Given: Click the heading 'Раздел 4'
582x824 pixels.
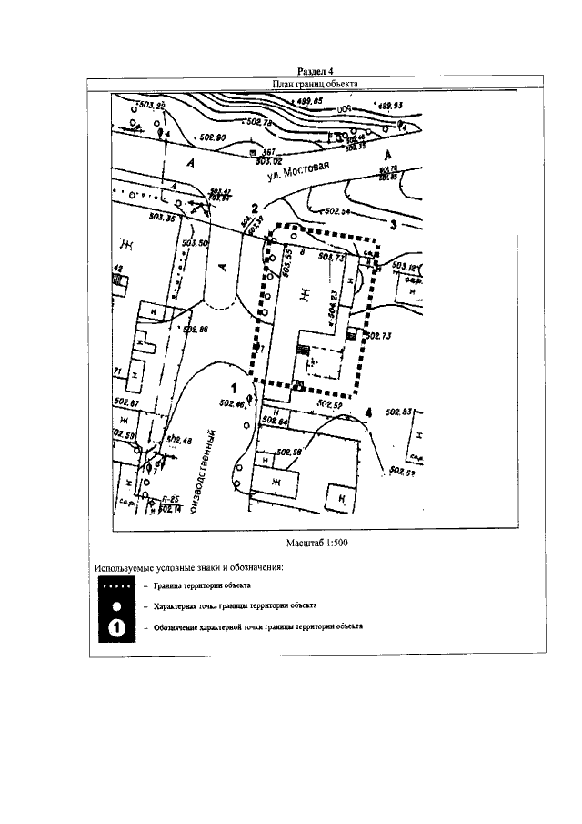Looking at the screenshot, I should tap(316, 71).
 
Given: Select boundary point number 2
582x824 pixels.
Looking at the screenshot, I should tap(256, 209).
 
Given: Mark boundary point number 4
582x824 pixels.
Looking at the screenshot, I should tap(368, 413).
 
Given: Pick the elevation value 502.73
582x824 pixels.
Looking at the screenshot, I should tap(377, 336).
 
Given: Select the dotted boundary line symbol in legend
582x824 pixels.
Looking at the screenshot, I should tap(115, 586).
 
